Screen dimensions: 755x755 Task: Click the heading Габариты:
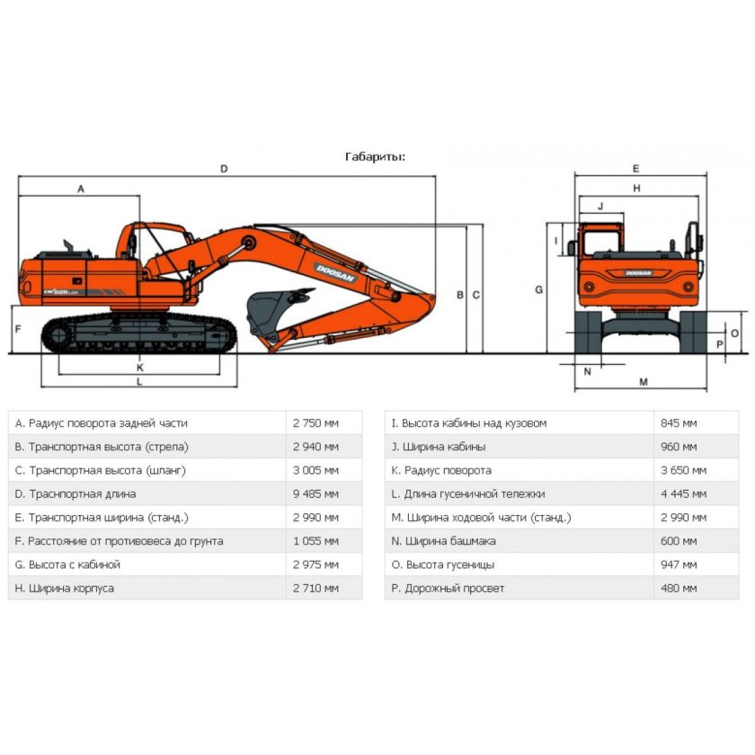click(375, 156)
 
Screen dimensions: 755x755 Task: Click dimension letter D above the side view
click(224, 169)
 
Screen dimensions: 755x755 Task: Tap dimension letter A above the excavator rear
click(80, 189)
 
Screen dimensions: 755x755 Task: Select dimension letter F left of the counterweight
click(17, 329)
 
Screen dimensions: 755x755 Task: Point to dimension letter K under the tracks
click(139, 367)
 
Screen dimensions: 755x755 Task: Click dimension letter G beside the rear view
click(538, 289)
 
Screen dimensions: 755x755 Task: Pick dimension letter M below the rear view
click(644, 382)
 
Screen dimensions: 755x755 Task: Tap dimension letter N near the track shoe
click(587, 370)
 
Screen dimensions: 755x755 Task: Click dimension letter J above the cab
click(600, 206)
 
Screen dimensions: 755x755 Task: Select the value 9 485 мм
click(315, 493)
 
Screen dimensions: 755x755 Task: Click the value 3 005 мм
click(315, 470)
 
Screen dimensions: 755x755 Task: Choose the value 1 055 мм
click(315, 540)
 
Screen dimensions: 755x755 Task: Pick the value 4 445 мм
click(683, 493)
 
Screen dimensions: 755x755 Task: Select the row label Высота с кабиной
click(67, 564)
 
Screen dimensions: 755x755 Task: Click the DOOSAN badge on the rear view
click(638, 272)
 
